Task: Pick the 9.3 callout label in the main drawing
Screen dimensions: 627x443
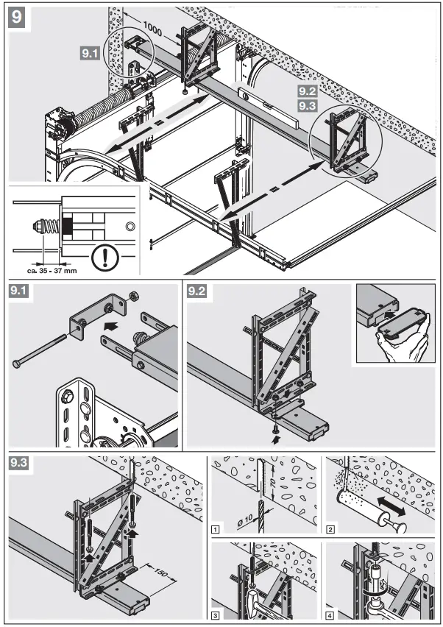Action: tap(308, 106)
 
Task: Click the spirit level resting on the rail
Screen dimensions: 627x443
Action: tap(269, 107)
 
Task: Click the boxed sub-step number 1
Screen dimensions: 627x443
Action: tap(215, 528)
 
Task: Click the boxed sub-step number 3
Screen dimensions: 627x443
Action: tap(215, 614)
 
